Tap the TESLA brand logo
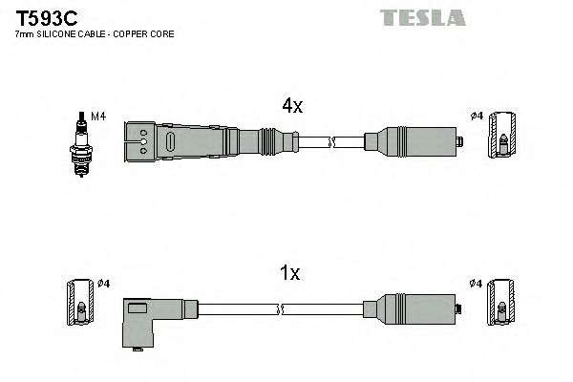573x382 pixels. [422, 17]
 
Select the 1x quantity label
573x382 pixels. [289, 274]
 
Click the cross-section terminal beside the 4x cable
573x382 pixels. [501, 136]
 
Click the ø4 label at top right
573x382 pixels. [477, 117]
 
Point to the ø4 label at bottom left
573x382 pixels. [104, 284]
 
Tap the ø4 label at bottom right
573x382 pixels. [477, 284]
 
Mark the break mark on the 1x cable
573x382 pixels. [282, 308]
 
